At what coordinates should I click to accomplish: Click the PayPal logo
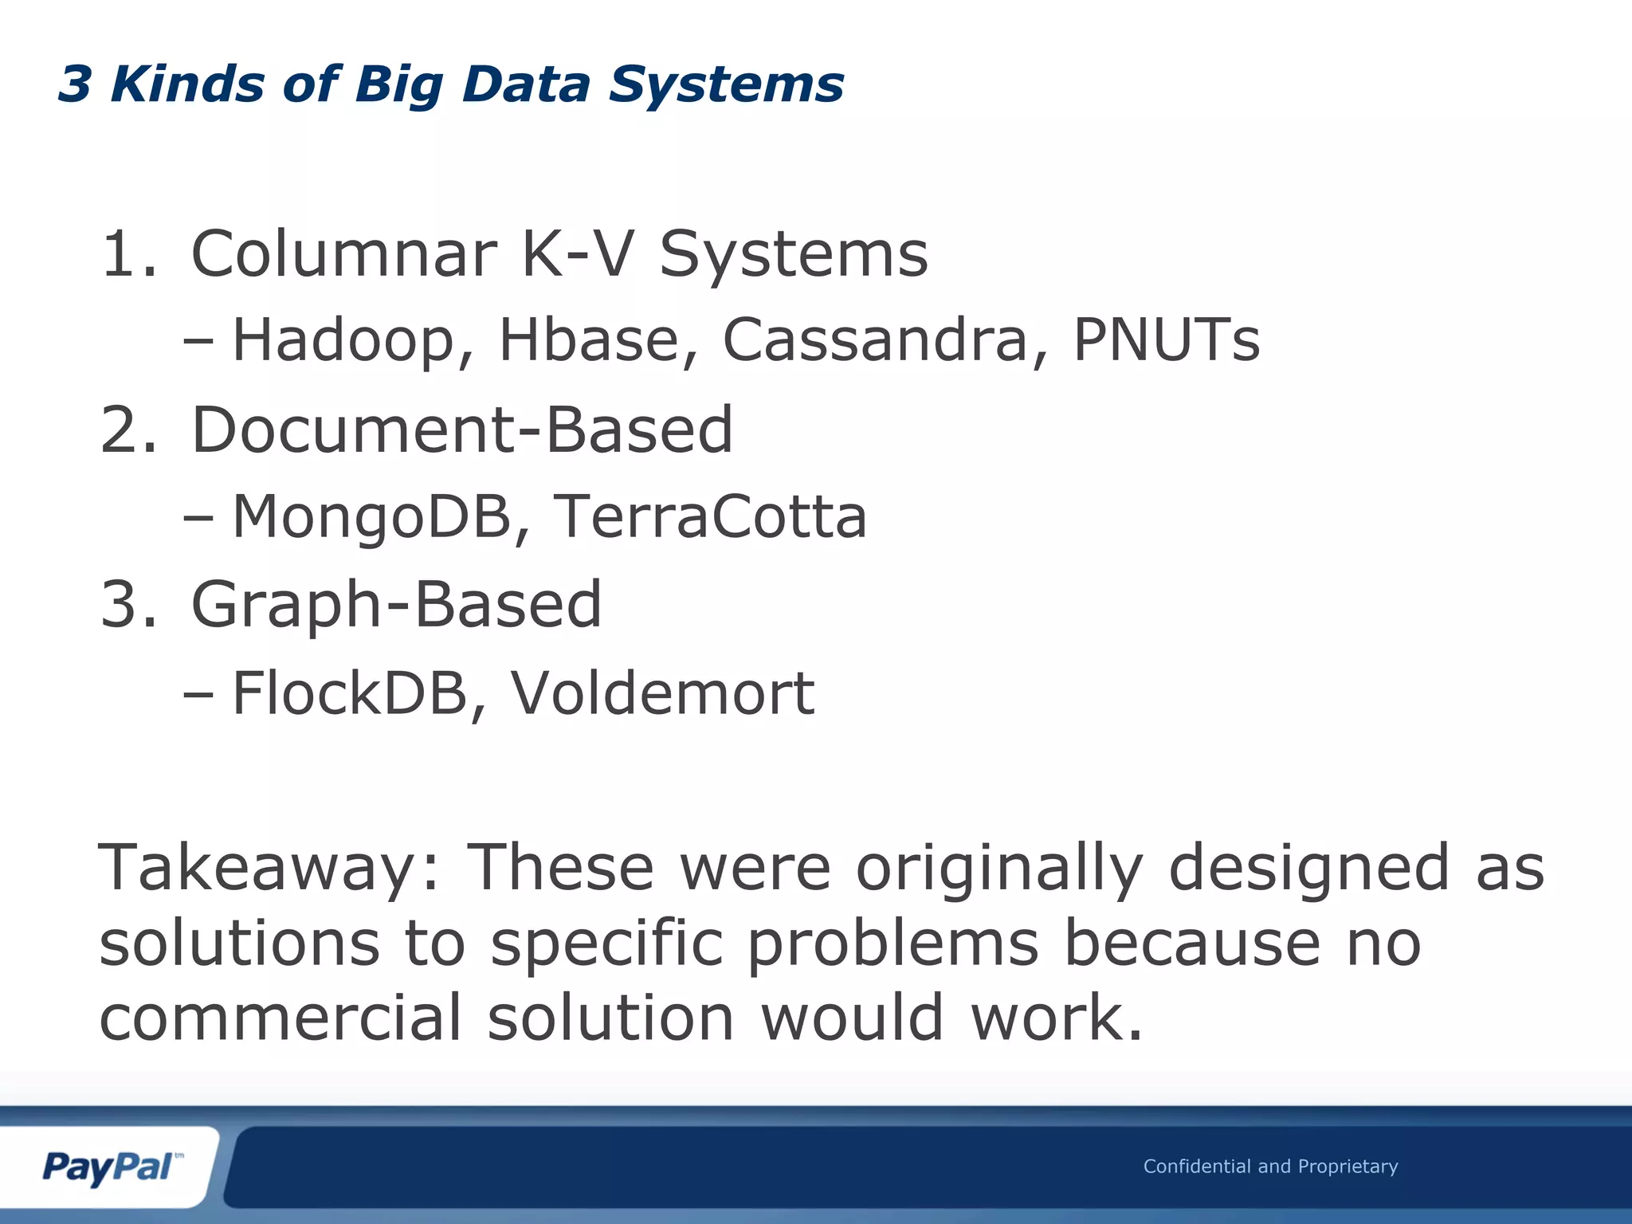tap(109, 1167)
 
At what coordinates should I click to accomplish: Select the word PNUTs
tap(1166, 340)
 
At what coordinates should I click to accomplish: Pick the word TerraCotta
tap(709, 516)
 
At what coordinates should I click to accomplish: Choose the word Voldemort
tap(662, 693)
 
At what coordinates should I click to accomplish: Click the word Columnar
tap(344, 254)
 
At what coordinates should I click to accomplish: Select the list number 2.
tap(127, 430)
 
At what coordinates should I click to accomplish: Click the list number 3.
tap(127, 605)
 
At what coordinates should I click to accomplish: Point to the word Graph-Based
tap(396, 605)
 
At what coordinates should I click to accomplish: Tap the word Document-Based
tap(461, 430)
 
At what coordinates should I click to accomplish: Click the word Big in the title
tap(398, 85)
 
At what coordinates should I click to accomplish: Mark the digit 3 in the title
tap(75, 84)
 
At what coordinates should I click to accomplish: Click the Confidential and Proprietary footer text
tap(1270, 1167)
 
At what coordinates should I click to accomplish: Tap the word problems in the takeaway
tap(892, 943)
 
